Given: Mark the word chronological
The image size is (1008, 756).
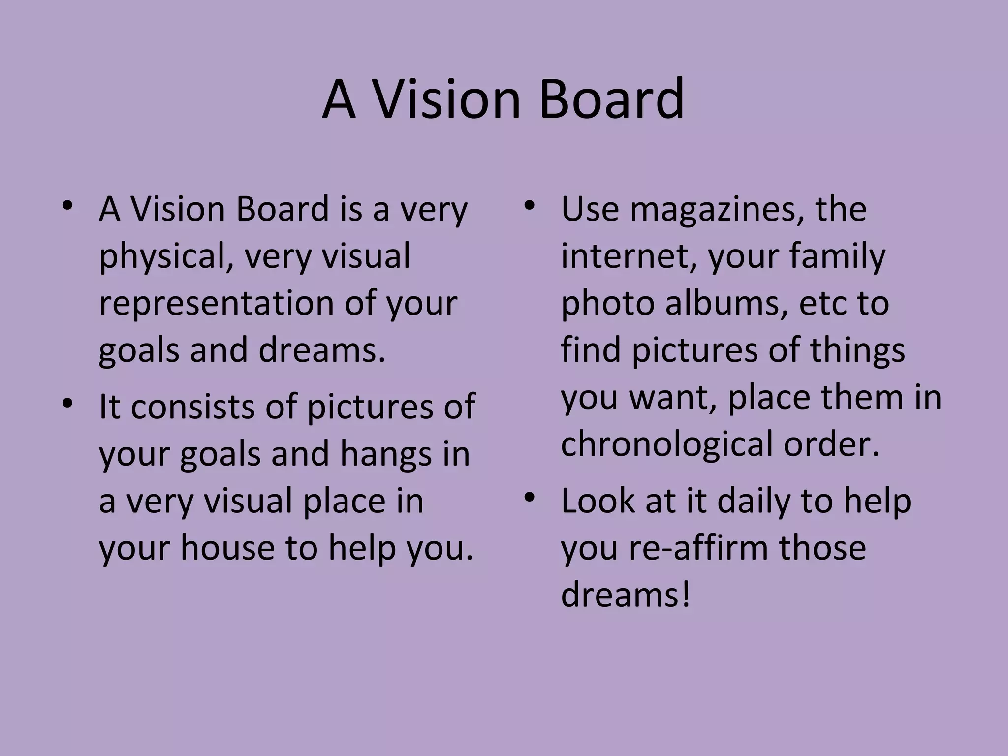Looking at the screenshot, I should [x=667, y=444].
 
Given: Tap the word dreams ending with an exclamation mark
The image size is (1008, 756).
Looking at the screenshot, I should [x=626, y=595].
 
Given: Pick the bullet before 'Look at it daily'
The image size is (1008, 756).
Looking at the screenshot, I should [x=529, y=498].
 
